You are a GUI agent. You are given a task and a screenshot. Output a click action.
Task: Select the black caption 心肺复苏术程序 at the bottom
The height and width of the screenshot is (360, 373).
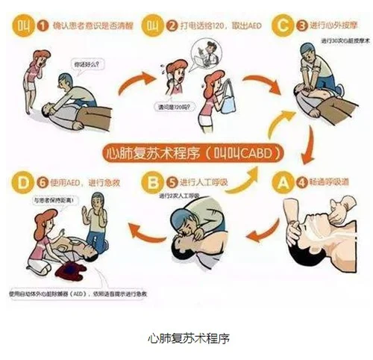pyautogui.click(x=186, y=337)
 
